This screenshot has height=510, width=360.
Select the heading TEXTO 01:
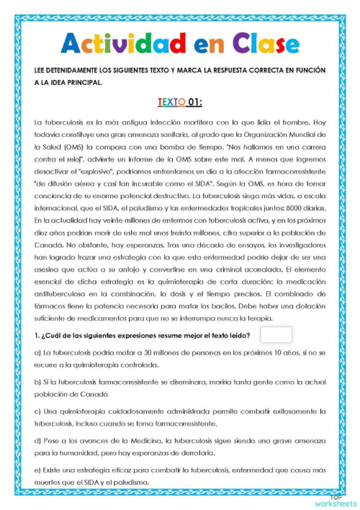pos(179,102)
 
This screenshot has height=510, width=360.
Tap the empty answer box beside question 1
pos(276,335)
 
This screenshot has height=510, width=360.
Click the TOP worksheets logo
pos(334,500)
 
